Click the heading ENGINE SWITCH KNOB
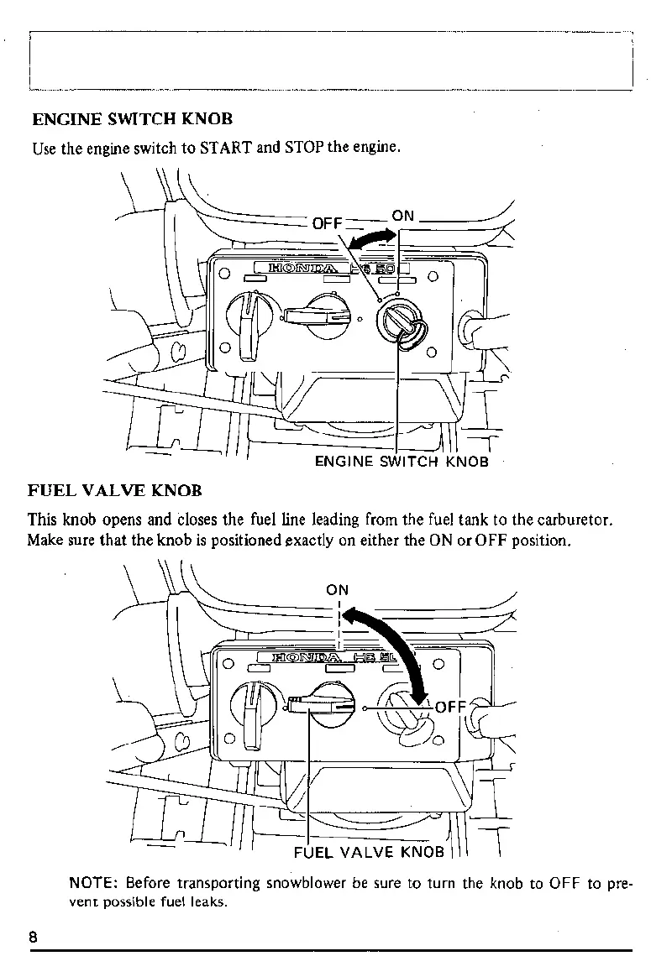click(132, 119)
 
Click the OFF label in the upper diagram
click(328, 223)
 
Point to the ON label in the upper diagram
click(403, 216)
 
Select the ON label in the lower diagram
click(338, 589)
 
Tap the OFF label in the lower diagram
click(450, 706)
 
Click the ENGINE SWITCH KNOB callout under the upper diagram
click(401, 461)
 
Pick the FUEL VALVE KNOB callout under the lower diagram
click(368, 852)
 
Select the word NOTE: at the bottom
click(96, 883)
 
